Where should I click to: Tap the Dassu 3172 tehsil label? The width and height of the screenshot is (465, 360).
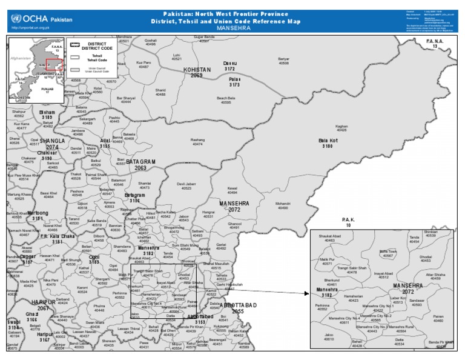[x=229, y=66]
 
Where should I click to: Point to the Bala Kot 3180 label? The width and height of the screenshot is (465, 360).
[x=328, y=144]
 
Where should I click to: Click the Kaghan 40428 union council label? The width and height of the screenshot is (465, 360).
[x=341, y=128]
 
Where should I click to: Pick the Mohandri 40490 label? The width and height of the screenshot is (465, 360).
[x=283, y=205]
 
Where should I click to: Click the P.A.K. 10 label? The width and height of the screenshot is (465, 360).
[x=348, y=222]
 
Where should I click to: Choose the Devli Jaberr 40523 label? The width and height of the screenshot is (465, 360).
[x=186, y=186]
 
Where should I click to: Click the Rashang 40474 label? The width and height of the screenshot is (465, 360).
[x=197, y=142]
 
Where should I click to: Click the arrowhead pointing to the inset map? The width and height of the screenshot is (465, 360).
[x=306, y=293]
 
